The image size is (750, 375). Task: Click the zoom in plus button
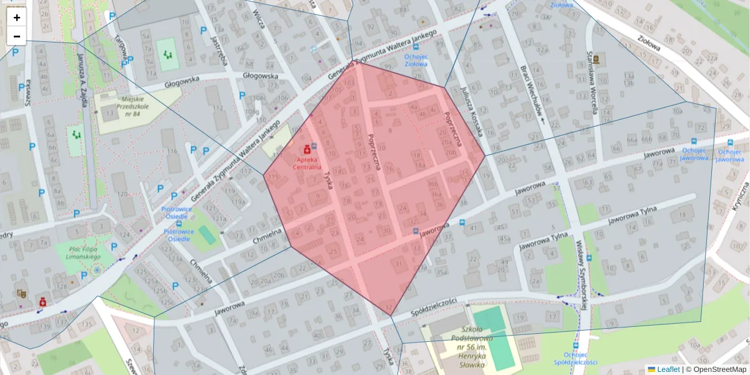(17, 17)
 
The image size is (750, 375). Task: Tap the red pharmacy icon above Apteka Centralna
(307, 149)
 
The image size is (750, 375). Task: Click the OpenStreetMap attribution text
(719, 369)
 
